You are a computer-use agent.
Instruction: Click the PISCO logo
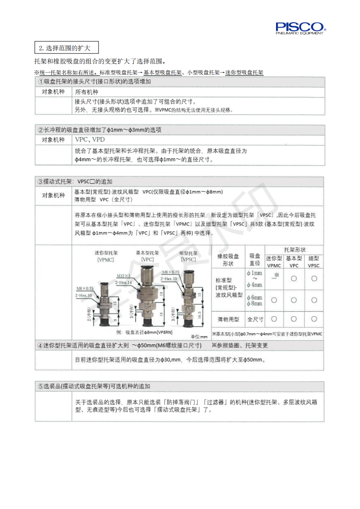coord(300,28)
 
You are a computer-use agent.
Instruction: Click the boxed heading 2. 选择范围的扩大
coord(66,47)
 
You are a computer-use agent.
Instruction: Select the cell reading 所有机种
coord(86,91)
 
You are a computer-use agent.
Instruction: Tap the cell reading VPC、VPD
coord(90,140)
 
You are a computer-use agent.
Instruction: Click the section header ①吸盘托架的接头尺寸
coord(94,82)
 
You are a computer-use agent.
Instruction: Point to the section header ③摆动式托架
coord(75,181)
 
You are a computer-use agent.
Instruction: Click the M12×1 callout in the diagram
coord(123,275)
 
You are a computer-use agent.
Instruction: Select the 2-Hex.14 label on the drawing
coord(123,282)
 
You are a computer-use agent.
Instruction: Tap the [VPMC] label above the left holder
coord(105,260)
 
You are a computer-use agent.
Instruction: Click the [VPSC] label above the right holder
coord(188,260)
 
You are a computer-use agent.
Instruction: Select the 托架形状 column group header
coord(294,250)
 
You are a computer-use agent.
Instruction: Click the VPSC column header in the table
coord(314,265)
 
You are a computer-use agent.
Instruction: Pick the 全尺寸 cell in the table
coord(255,319)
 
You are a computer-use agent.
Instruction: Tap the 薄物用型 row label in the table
coord(228,319)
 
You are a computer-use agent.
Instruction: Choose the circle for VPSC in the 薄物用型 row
coord(314,319)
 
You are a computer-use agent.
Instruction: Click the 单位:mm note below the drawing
coord(199,337)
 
